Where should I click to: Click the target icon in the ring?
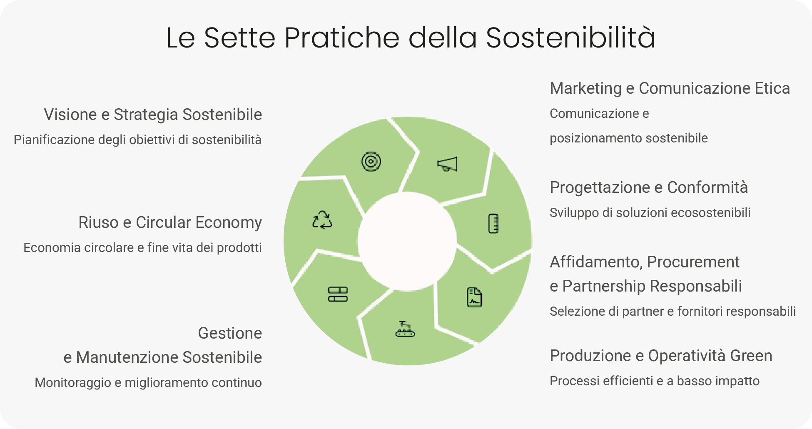pos(371,162)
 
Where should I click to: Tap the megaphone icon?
pos(448,164)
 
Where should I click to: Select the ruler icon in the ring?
pos(493,224)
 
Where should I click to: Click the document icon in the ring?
pos(474,297)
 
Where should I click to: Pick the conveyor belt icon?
pos(405,329)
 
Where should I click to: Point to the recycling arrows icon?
pos(322,219)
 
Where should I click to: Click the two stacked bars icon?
pos(338,294)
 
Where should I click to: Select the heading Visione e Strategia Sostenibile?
pos(153,115)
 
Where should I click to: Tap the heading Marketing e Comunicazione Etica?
pos(670,88)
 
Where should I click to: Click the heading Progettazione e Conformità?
pos(649,187)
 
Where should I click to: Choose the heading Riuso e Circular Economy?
pos(170,222)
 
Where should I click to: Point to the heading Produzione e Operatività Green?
pos(661,356)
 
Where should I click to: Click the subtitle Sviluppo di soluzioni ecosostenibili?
pos(650,212)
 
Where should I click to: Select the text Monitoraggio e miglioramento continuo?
pos(148,382)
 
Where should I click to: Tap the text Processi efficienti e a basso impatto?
pos(655,381)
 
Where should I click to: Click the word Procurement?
pos(693,262)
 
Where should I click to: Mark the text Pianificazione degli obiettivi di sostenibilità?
pos(137,140)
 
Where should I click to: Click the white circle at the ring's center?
pos(407,241)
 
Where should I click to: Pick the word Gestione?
pos(230,333)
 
